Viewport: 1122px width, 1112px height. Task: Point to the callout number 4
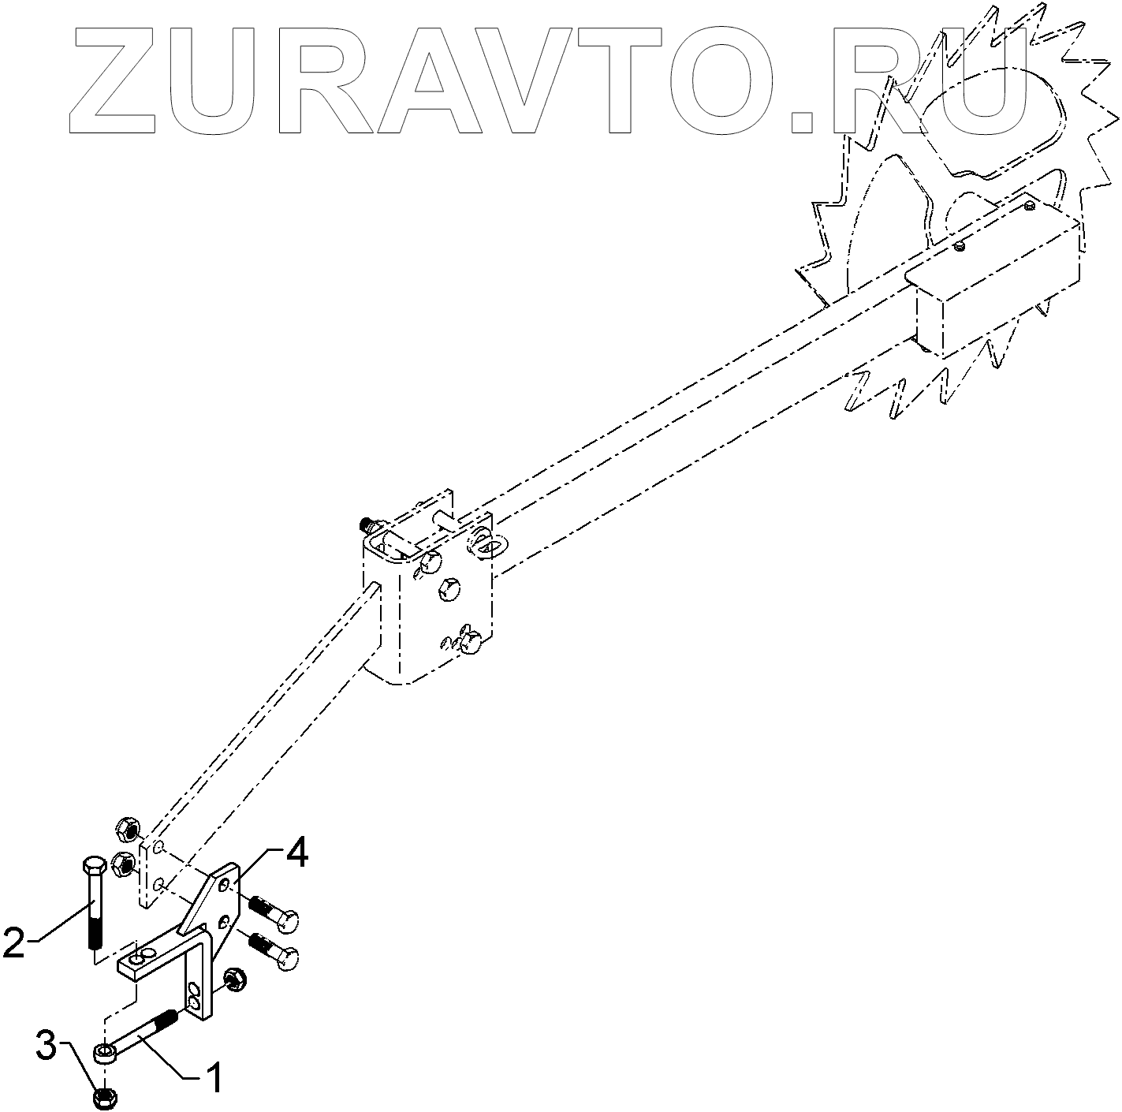296,855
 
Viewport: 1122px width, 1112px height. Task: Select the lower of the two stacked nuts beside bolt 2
123,865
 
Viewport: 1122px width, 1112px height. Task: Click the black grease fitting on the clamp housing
366,523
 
